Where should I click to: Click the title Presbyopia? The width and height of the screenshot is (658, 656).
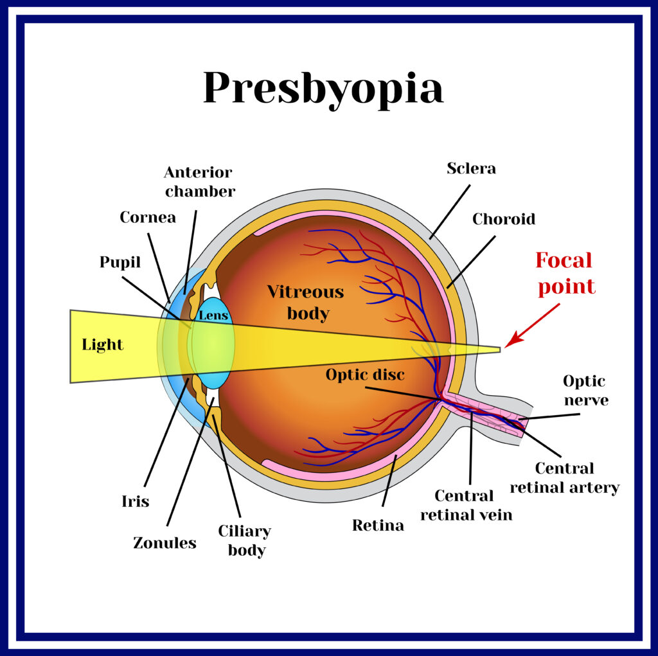pyautogui.click(x=323, y=89)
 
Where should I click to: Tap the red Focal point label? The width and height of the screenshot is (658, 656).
pyautogui.click(x=565, y=274)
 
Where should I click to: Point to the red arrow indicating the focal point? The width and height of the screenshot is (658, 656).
pyautogui.click(x=532, y=326)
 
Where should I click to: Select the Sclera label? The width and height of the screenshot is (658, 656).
pyautogui.click(x=471, y=168)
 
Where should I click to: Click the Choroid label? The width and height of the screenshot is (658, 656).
pyautogui.click(x=504, y=218)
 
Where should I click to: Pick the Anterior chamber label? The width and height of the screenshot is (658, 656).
pyautogui.click(x=200, y=182)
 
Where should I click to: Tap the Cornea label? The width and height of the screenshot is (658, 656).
pyautogui.click(x=148, y=217)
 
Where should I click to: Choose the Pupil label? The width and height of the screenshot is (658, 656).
pyautogui.click(x=120, y=262)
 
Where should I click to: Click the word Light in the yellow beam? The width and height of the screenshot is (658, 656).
pyautogui.click(x=102, y=344)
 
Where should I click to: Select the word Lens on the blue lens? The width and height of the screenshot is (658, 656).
pyautogui.click(x=213, y=315)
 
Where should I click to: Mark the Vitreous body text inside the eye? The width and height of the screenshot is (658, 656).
pyautogui.click(x=306, y=303)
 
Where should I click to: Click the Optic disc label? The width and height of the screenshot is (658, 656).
pyautogui.click(x=365, y=375)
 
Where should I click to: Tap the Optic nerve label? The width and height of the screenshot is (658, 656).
pyautogui.click(x=586, y=391)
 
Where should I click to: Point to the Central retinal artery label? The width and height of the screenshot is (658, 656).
pyautogui.click(x=565, y=477)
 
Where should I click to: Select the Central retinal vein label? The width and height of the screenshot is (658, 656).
pyautogui.click(x=467, y=505)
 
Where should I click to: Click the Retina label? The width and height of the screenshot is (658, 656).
pyautogui.click(x=378, y=525)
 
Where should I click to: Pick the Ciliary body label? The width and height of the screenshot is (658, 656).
pyautogui.click(x=245, y=540)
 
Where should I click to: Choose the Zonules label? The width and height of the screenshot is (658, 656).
pyautogui.click(x=164, y=543)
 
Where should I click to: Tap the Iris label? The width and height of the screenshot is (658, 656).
pyautogui.click(x=135, y=501)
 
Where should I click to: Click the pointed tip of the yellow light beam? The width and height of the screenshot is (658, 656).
pyautogui.click(x=500, y=349)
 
